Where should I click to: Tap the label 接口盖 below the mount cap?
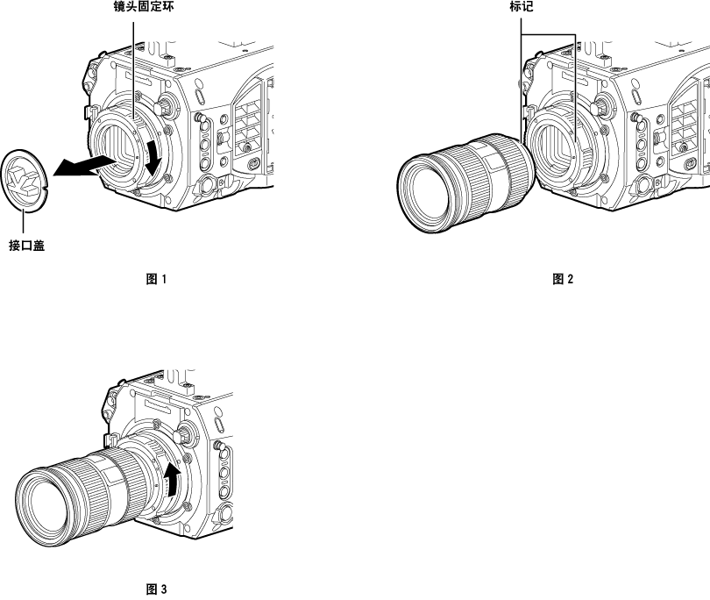point(27,246)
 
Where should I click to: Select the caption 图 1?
point(156,280)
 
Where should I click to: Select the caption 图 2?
point(562,280)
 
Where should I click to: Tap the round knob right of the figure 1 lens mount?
point(165,105)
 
